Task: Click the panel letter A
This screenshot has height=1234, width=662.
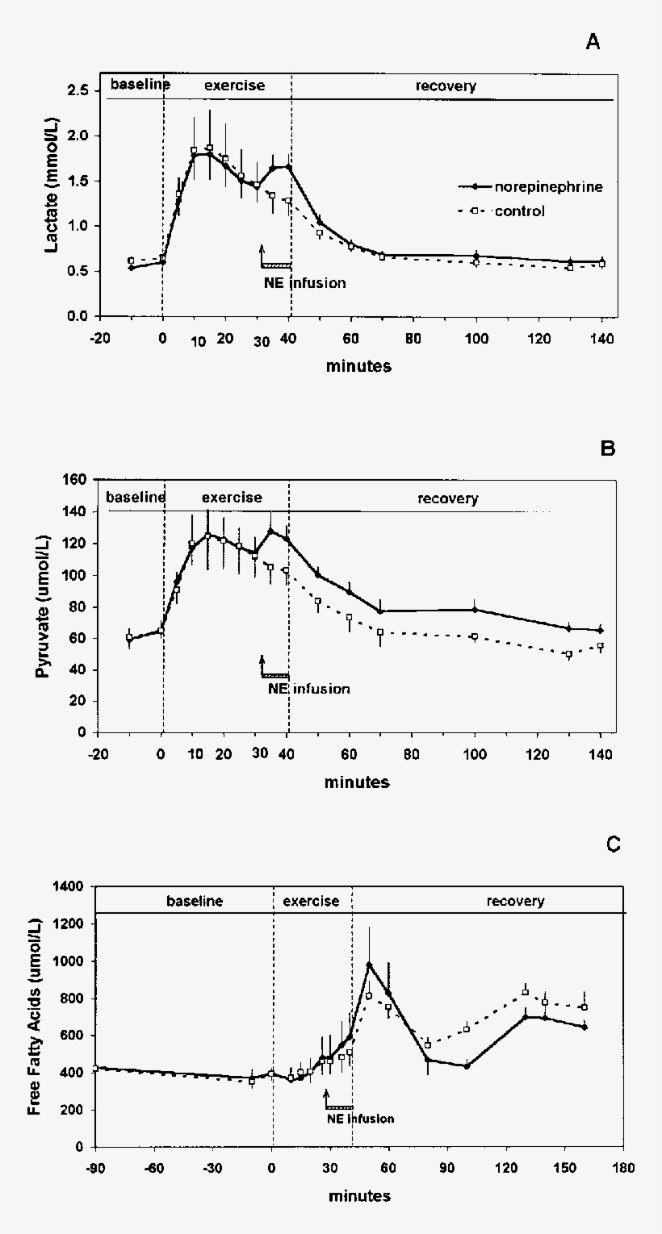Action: pos(593,42)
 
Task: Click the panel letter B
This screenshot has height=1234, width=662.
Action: pos(607,448)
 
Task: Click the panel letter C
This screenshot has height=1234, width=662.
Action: pos(613,844)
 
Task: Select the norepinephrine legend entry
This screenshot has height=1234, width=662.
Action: pos(530,187)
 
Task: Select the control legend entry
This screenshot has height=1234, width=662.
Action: pos(501,211)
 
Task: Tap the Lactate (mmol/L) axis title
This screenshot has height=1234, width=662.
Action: pos(52,186)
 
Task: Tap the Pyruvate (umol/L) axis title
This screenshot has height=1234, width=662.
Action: pos(42,606)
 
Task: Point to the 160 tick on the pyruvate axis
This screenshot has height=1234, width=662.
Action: pos(75,480)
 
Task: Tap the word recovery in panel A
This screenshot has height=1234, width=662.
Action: pos(446,86)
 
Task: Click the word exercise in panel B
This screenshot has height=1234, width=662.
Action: pos(232,498)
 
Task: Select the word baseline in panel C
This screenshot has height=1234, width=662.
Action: pos(195,901)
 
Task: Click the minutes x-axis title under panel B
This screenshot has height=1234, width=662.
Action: pos(357,782)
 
